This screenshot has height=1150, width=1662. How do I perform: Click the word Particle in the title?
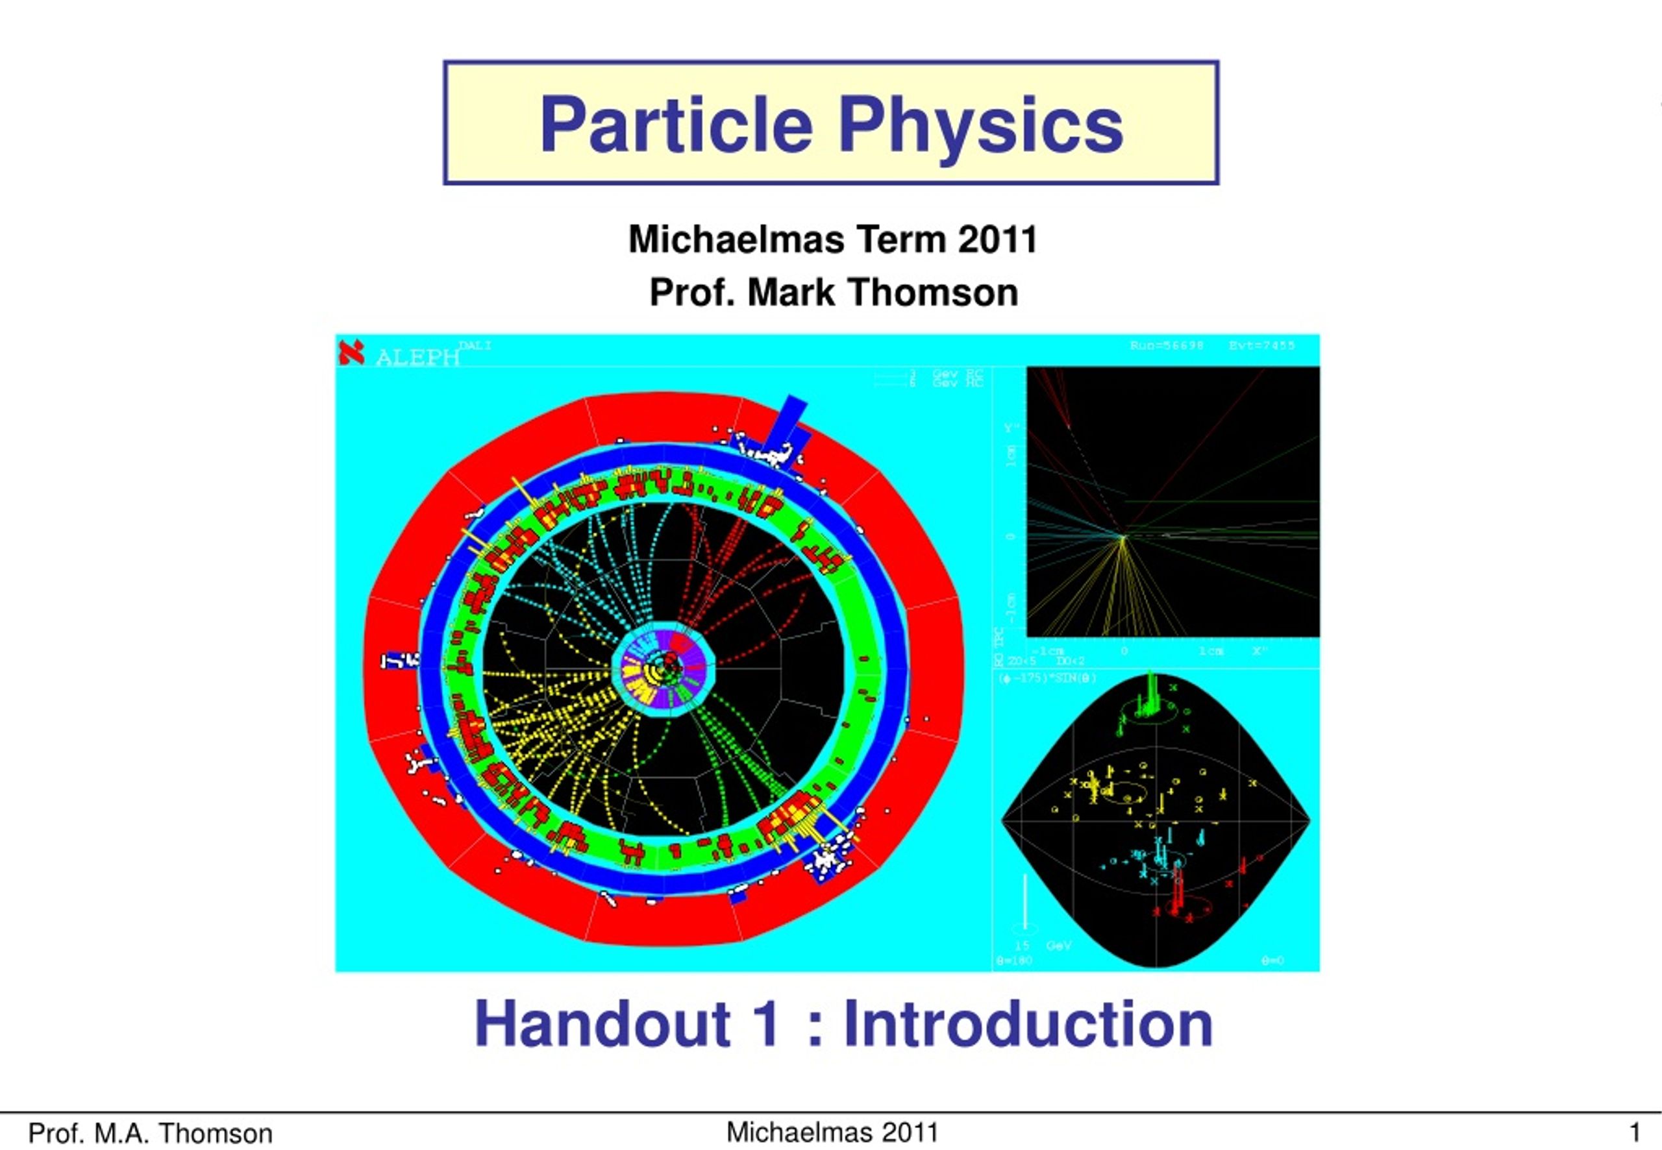point(676,125)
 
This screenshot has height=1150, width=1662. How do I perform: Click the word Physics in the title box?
point(980,126)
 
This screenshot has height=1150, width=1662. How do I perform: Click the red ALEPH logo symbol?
point(351,352)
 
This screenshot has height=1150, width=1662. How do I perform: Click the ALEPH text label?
point(417,358)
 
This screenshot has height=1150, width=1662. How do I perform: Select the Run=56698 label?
point(1166,346)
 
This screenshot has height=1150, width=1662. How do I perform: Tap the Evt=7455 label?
point(1261,346)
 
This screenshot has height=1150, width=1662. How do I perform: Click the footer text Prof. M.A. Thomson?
point(150,1133)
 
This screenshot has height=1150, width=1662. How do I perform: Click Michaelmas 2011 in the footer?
point(832,1132)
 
